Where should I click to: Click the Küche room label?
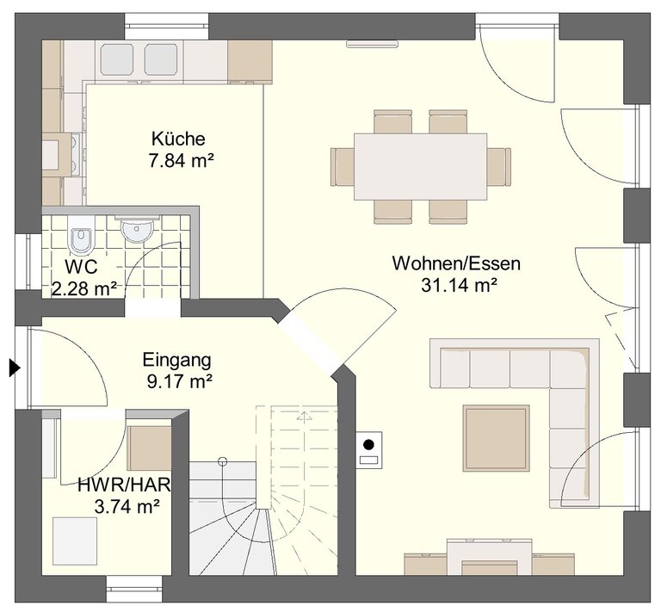[178, 139]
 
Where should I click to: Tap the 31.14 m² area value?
[459, 286]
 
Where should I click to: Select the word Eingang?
[176, 361]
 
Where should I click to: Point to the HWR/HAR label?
[124, 485]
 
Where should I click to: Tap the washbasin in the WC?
[137, 230]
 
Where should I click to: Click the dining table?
[420, 166]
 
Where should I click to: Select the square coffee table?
[496, 438]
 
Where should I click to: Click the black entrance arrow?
[15, 368]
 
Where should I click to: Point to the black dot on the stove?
[369, 444]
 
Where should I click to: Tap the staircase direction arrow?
[304, 415]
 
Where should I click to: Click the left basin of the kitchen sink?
[117, 59]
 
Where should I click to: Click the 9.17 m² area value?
[179, 381]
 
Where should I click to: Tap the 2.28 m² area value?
[84, 288]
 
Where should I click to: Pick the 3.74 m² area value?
[127, 506]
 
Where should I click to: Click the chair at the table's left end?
[343, 166]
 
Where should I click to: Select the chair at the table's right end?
[499, 166]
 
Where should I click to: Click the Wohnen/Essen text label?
[456, 263]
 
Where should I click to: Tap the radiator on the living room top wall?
[372, 44]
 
